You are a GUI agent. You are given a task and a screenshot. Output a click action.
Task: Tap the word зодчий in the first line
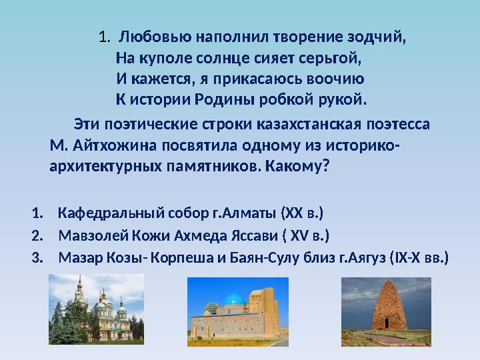[x=380, y=36]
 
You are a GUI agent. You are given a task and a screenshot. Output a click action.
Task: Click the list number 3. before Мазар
[x=37, y=257]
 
